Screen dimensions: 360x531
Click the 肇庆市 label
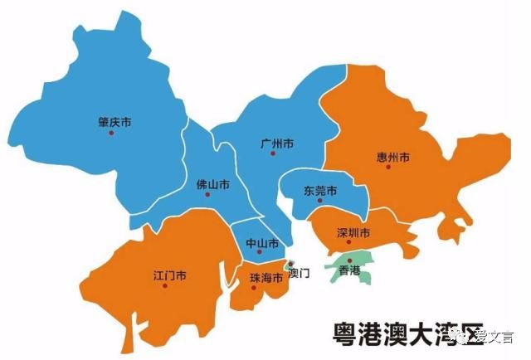114,122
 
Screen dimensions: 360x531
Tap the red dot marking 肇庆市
110,133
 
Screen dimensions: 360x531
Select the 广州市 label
277,144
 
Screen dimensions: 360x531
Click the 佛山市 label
212,183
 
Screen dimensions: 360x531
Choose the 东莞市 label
320,191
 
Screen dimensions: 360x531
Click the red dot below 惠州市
387,167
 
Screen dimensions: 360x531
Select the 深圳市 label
353,233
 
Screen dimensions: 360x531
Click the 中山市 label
262,243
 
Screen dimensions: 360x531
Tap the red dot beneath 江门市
165,285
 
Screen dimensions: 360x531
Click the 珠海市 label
266,278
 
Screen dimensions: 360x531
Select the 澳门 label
298,273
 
